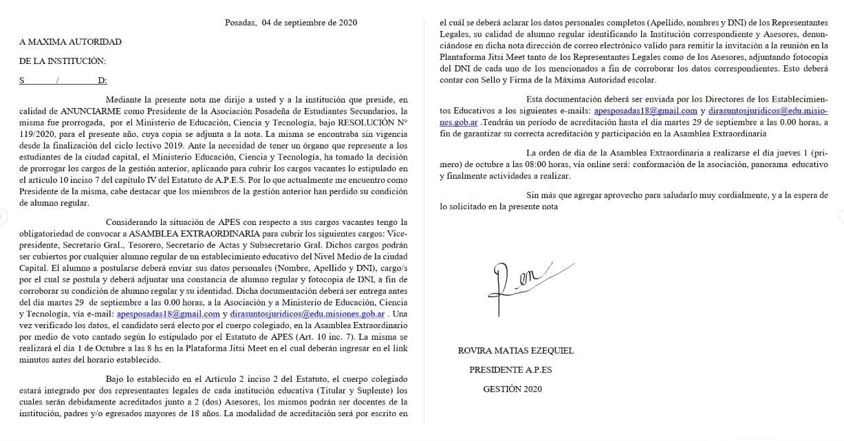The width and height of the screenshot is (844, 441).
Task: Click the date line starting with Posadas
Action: pyautogui.click(x=291, y=22)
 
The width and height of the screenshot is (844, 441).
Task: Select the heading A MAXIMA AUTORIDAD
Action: pyautogui.click(x=70, y=41)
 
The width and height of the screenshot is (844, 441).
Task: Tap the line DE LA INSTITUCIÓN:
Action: pyautogui.click(x=63, y=61)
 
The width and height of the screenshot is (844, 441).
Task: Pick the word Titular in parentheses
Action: pyautogui.click(x=300, y=391)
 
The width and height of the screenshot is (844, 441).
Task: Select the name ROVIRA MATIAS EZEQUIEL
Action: pyautogui.click(x=515, y=350)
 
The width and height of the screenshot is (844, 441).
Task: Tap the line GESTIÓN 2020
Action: pyautogui.click(x=512, y=389)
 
